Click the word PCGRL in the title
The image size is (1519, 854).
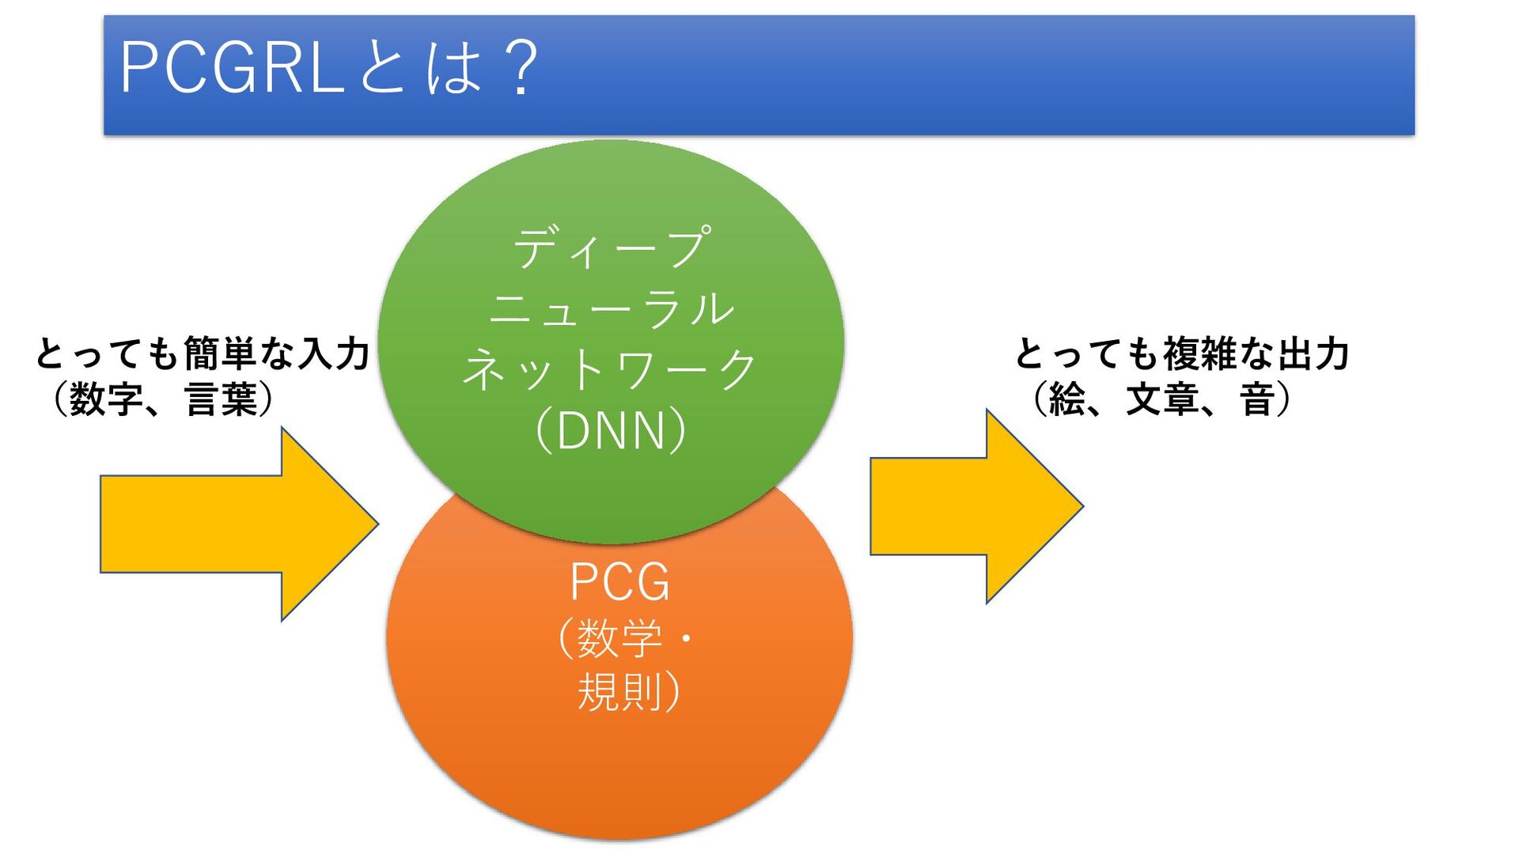point(229,68)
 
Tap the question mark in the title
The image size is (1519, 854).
point(523,68)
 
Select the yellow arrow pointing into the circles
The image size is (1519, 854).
point(237,524)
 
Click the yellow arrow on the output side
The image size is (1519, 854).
point(975,507)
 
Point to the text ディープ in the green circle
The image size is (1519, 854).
point(612,248)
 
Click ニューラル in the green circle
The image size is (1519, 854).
point(612,308)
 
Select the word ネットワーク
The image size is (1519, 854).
point(612,370)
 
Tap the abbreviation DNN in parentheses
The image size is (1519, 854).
point(611,431)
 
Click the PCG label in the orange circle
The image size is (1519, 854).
point(619,583)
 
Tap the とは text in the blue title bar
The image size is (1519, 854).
point(419,68)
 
